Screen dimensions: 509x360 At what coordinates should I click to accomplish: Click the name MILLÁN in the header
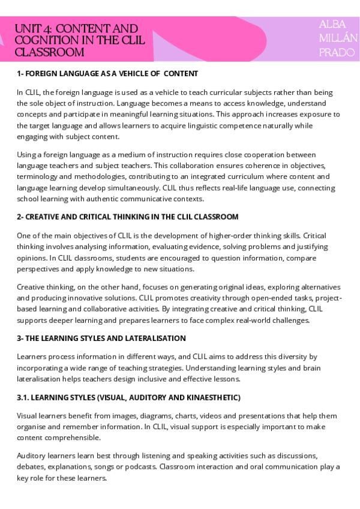pos(338,38)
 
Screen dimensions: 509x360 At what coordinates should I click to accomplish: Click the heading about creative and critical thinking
pos(127,217)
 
